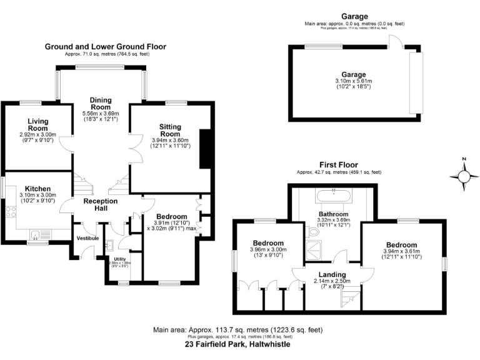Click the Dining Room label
[100, 103]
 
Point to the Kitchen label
[37, 188]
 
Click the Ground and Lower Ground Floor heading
[105, 47]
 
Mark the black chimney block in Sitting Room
[204, 149]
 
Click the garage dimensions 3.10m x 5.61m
[353, 81]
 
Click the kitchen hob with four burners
[11, 211]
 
